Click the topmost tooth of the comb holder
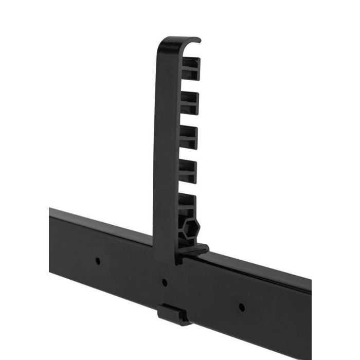click(x=191, y=67)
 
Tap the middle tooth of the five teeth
click(x=189, y=135)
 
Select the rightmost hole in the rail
click(x=242, y=308)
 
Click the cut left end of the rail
click(x=50, y=226)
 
